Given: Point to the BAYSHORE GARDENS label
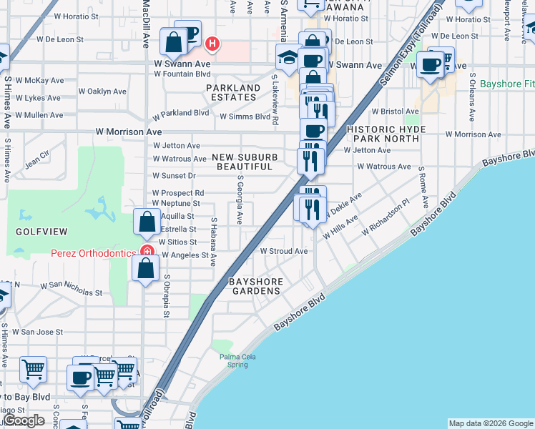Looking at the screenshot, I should [255, 286].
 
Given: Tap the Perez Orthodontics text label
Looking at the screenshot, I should [93, 253].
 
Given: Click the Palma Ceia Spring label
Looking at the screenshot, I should [233, 360].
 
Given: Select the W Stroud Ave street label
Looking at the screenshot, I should [283, 252].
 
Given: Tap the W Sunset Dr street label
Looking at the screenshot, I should [174, 175].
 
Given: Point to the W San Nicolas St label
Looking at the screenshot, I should [71, 289].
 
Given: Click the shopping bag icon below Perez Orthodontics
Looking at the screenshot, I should [145, 269].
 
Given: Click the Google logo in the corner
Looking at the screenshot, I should [24, 421].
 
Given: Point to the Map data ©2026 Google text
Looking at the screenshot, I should [491, 423].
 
